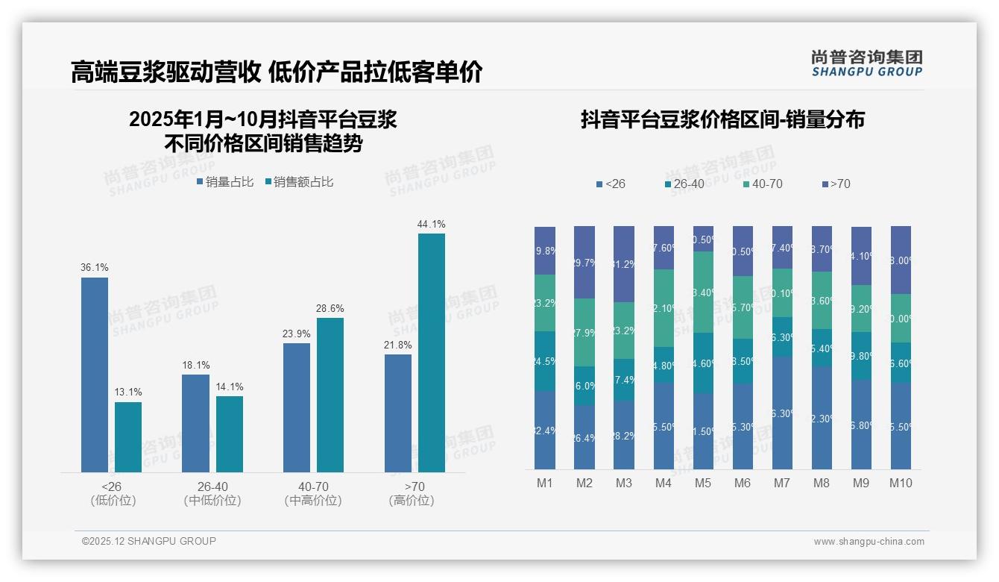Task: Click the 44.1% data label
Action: (x=432, y=224)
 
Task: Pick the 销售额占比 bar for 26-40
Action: (x=230, y=434)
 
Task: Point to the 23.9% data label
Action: (x=297, y=334)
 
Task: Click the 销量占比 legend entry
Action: (x=225, y=182)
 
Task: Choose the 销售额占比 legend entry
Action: (x=299, y=182)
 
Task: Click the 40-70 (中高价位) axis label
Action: (x=313, y=493)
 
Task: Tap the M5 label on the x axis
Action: (x=703, y=483)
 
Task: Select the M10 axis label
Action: (x=901, y=483)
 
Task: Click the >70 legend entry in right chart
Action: (x=836, y=184)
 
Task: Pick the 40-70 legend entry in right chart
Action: (x=763, y=184)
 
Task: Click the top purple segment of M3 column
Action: (x=624, y=263)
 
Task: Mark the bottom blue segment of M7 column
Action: (x=782, y=413)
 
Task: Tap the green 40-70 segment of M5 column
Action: (x=703, y=292)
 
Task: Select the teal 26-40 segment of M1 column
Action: (x=545, y=361)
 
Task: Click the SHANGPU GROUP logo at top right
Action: (x=866, y=63)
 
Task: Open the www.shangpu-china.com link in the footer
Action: (x=869, y=542)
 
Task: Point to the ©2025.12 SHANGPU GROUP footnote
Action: (x=149, y=541)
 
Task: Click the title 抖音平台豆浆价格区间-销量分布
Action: (x=722, y=120)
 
